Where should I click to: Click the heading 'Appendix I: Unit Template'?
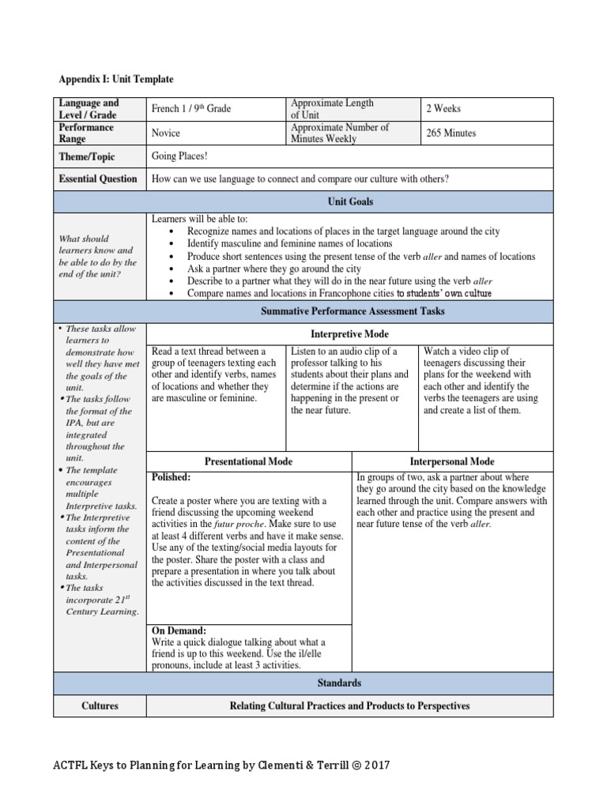click(x=116, y=79)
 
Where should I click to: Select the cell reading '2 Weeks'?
click(x=443, y=108)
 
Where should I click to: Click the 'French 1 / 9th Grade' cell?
click(x=191, y=108)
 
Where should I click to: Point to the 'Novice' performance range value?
click(x=166, y=133)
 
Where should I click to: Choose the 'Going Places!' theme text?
click(x=179, y=156)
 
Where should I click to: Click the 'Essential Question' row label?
click(x=98, y=179)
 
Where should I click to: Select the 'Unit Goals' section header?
click(x=350, y=201)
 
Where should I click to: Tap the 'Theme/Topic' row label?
click(x=87, y=156)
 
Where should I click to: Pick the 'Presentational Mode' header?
click(x=248, y=461)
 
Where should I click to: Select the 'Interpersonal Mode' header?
click(x=452, y=461)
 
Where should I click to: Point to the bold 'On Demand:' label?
click(x=179, y=630)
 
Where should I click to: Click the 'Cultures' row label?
click(x=100, y=706)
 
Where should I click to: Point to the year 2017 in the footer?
click(x=375, y=765)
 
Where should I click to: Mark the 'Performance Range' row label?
click(x=86, y=133)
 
